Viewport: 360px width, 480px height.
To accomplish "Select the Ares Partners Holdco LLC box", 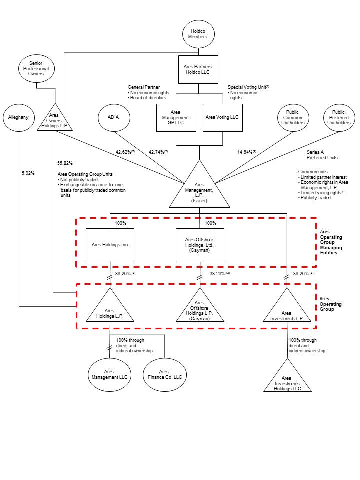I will click(x=198, y=69).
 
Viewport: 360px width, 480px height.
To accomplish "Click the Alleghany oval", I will click(x=18, y=117).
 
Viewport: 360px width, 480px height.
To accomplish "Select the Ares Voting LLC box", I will click(x=222, y=118).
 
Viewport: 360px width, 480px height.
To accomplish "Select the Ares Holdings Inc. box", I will click(x=110, y=245).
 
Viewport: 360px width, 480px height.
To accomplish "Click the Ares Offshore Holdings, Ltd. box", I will click(x=199, y=245).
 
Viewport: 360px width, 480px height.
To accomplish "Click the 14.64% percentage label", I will click(x=246, y=152).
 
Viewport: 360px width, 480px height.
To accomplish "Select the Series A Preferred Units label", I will click(x=322, y=155).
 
